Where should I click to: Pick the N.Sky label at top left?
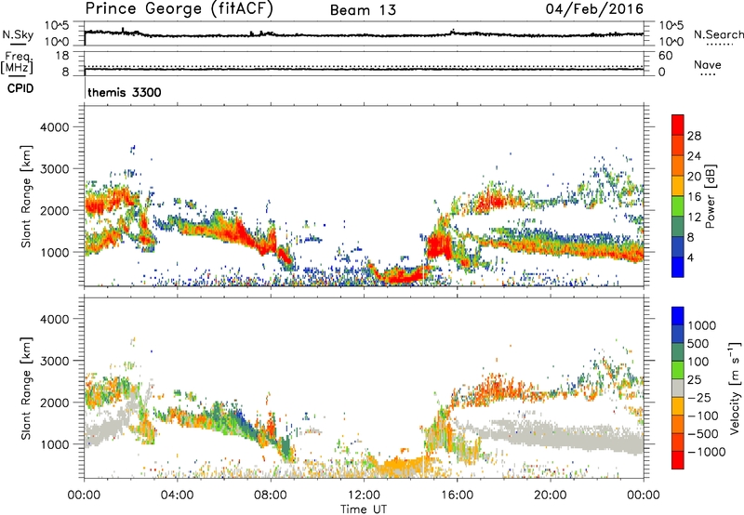pos(19,35)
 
